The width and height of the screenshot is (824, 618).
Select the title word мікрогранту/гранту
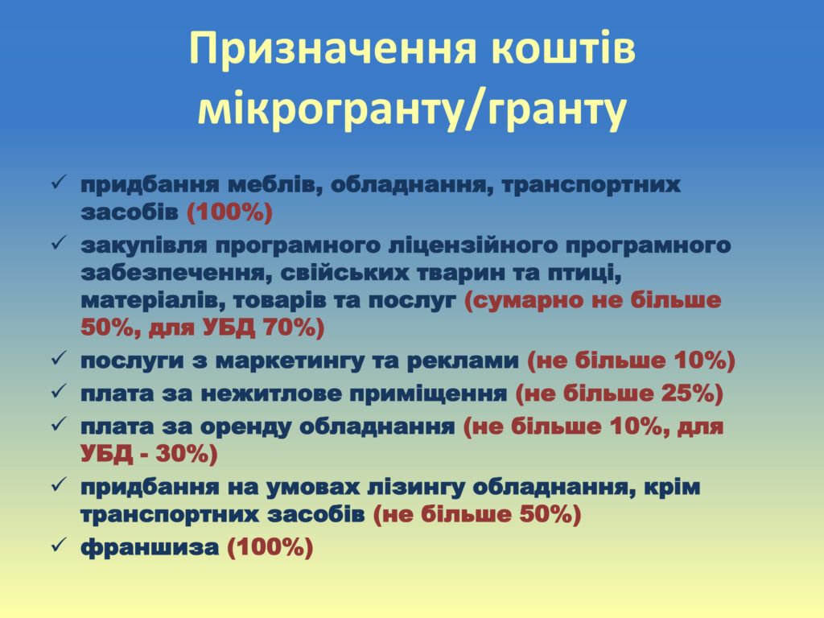412,109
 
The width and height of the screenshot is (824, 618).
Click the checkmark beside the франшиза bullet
58,545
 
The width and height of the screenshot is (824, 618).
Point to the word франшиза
150,547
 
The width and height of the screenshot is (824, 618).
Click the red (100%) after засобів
229,212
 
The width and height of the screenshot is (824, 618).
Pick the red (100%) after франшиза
270,547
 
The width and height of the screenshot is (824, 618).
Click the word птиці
586,274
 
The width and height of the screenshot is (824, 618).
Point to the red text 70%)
294,328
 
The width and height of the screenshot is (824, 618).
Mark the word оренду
246,426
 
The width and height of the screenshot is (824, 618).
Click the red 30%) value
186,454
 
